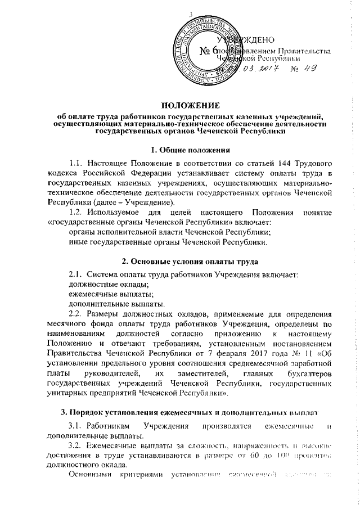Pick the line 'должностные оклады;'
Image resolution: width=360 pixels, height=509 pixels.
[x=92, y=283]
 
